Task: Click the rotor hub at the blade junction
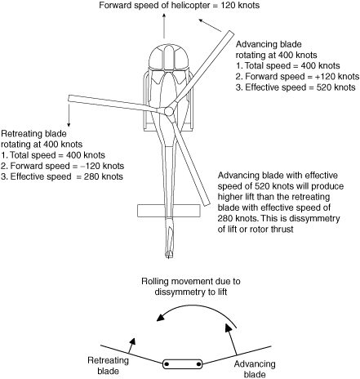coord(169,111)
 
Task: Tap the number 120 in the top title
coord(228,5)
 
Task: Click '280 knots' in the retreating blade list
coord(104,176)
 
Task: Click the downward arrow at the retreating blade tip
coord(69,114)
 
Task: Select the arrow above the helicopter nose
coord(164,25)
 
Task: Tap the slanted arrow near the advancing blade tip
coord(211,25)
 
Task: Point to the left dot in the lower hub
coord(167,364)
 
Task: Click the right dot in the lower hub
coord(198,364)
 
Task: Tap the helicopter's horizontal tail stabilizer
coord(169,211)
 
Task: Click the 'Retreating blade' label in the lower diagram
coord(108,366)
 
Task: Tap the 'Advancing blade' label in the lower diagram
coord(255,369)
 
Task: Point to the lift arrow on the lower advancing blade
coord(231,339)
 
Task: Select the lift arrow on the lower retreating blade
coord(131,346)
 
